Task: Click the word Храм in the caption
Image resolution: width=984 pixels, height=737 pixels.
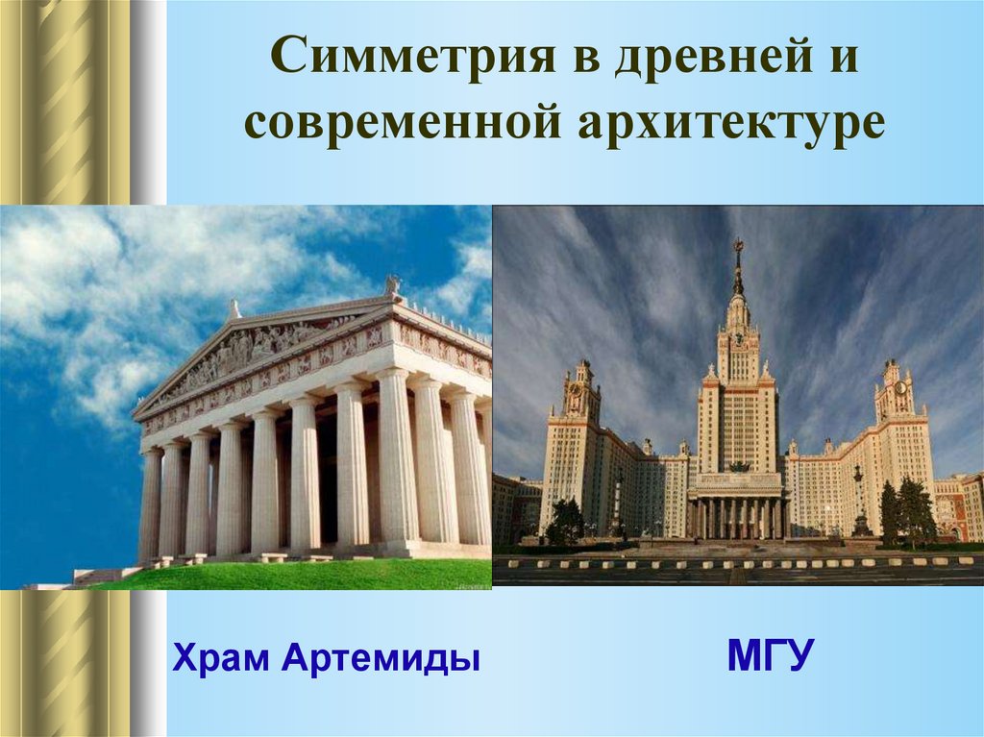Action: click(x=222, y=659)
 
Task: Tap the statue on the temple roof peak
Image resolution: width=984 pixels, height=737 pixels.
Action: click(x=392, y=285)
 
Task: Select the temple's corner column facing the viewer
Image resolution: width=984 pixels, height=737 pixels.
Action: click(x=396, y=461)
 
